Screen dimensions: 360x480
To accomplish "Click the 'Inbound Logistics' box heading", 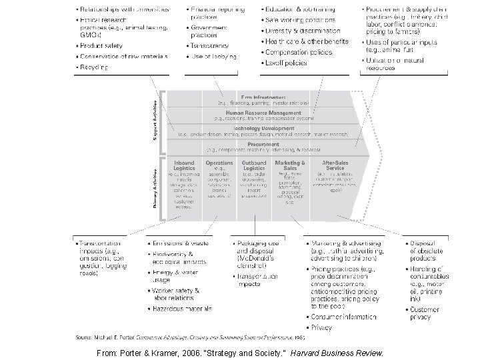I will pos(184,165).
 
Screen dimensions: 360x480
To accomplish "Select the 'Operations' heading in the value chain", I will pos(219,162).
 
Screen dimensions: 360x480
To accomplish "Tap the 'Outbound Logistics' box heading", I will pos(254,165).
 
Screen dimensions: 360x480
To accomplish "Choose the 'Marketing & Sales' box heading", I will pos(291,165).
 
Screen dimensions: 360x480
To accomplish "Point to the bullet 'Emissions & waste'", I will pos(181,243).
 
